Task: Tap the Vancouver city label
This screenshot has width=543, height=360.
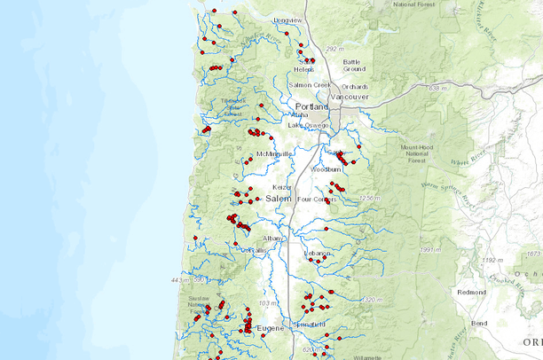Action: coord(350,96)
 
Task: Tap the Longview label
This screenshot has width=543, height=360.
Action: coord(287,20)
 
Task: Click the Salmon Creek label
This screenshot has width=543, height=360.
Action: coord(310,85)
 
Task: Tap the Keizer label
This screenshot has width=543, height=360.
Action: coord(281,187)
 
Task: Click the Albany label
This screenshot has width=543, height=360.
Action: coord(273,239)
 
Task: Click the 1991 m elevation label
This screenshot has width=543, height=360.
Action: coord(429,250)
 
